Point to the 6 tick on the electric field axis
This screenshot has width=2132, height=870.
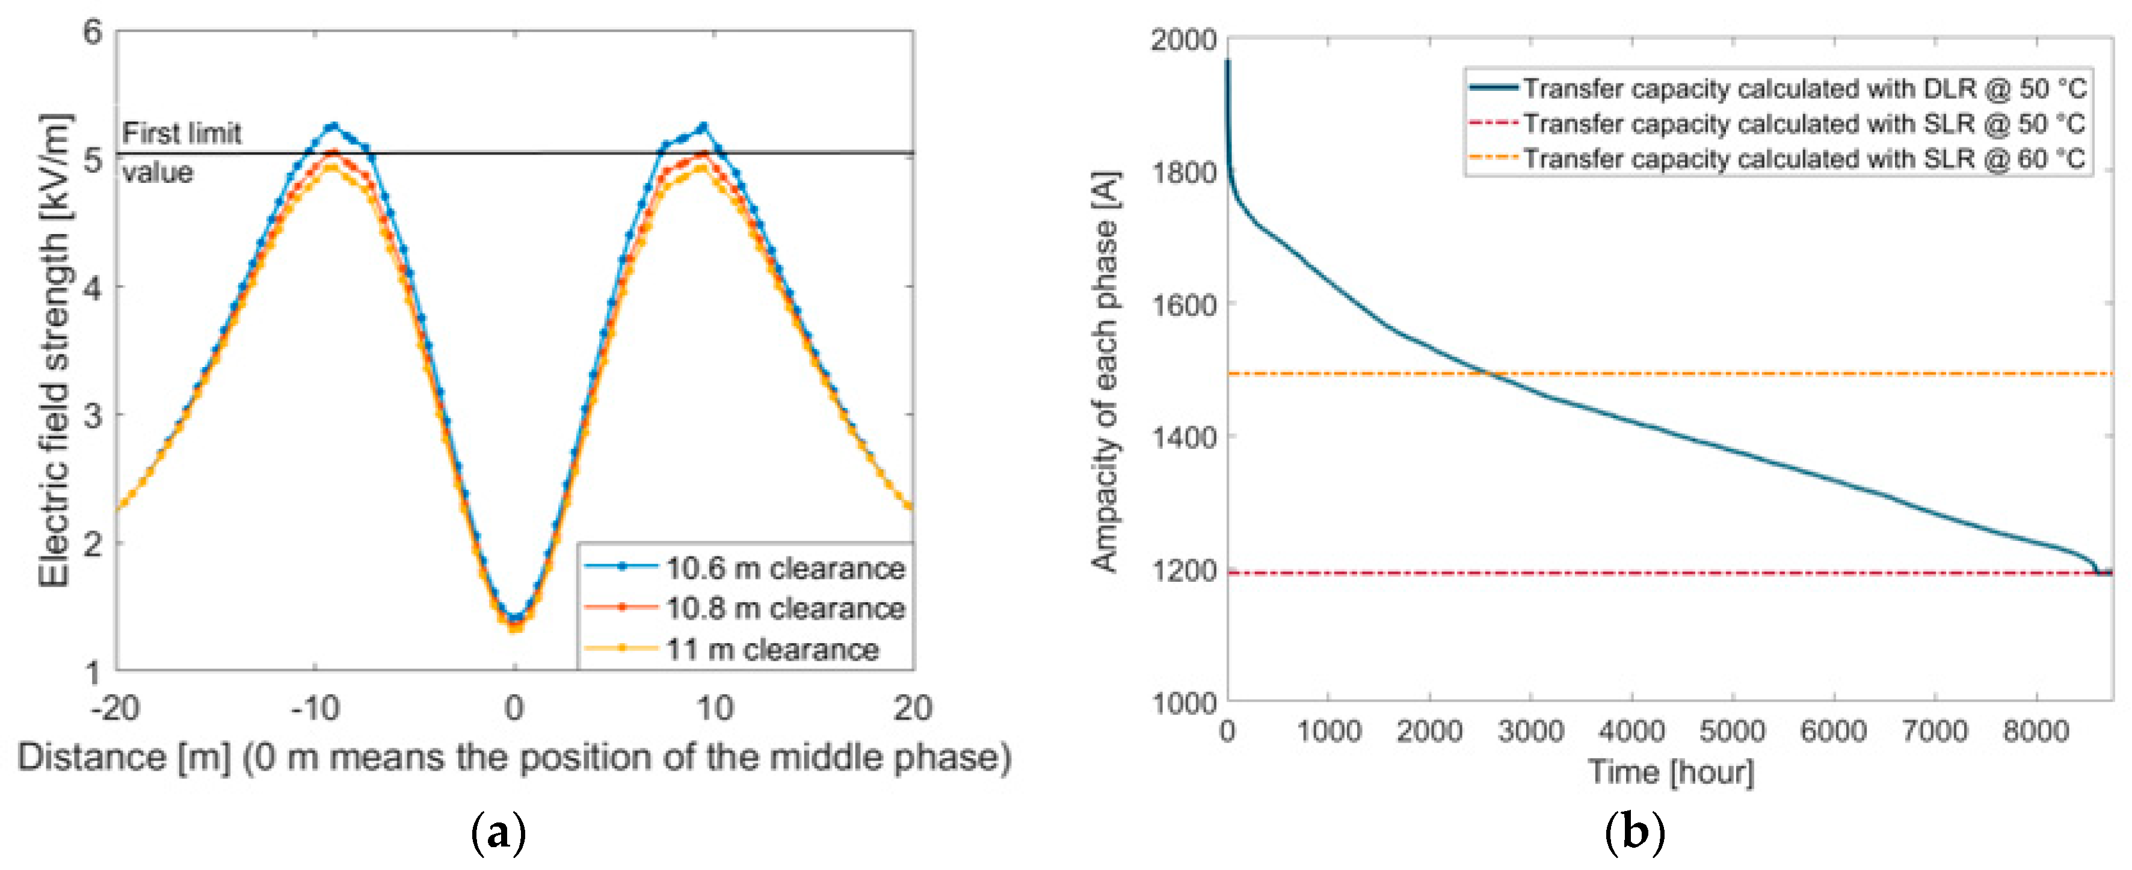pyautogui.click(x=92, y=32)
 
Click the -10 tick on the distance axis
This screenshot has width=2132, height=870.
pyautogui.click(x=315, y=709)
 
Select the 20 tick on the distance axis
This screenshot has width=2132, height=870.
pyautogui.click(x=912, y=709)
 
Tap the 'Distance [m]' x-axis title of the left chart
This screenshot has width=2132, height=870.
pyautogui.click(x=513, y=757)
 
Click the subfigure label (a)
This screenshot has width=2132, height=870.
pyautogui.click(x=498, y=832)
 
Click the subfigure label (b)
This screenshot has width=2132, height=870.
pyautogui.click(x=1634, y=832)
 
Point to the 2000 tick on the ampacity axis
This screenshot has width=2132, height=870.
pyautogui.click(x=1183, y=39)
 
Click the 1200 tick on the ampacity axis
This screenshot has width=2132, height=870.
pyautogui.click(x=1183, y=570)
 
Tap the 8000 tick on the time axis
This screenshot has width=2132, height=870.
pyautogui.click(x=2035, y=732)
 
